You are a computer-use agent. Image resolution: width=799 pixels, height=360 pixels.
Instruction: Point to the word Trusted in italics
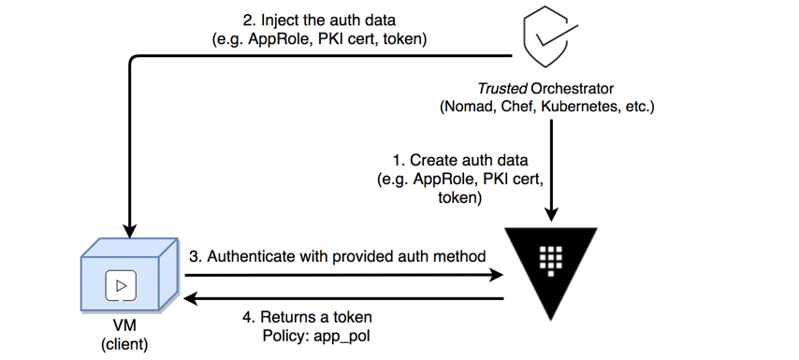tap(501, 89)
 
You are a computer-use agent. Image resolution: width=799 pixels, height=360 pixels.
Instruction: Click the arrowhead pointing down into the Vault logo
tap(551, 214)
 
